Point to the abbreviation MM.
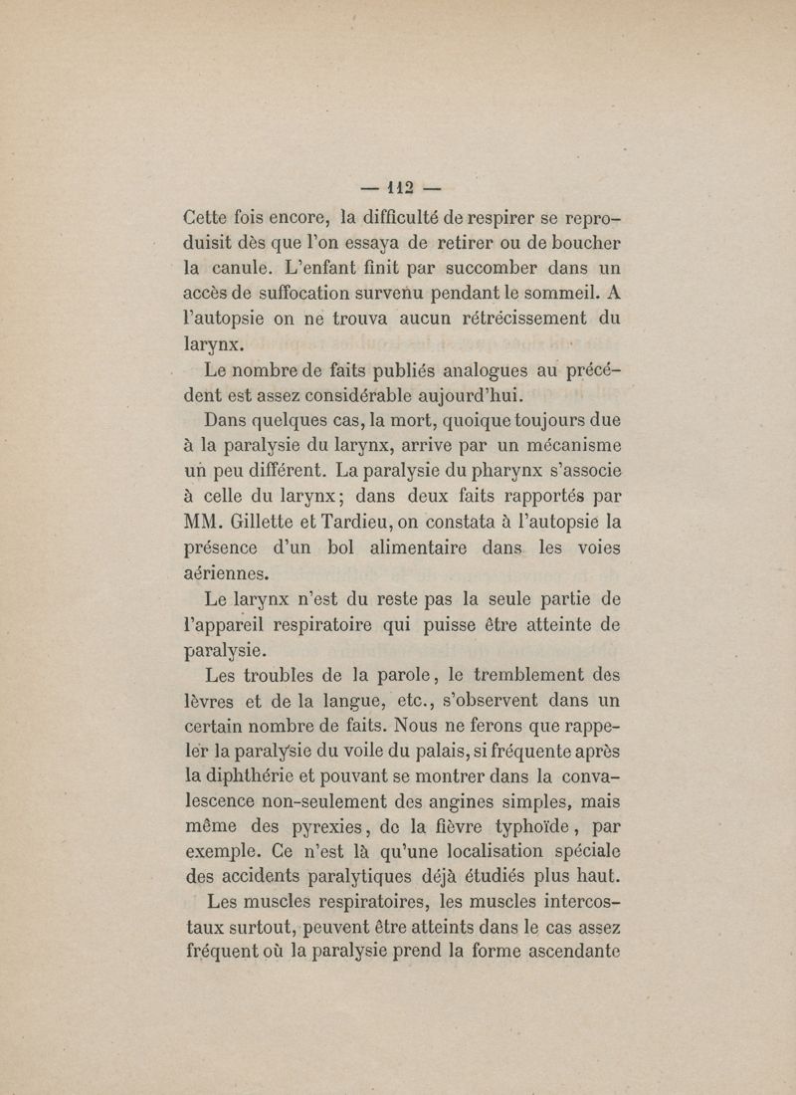[x=207, y=518]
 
